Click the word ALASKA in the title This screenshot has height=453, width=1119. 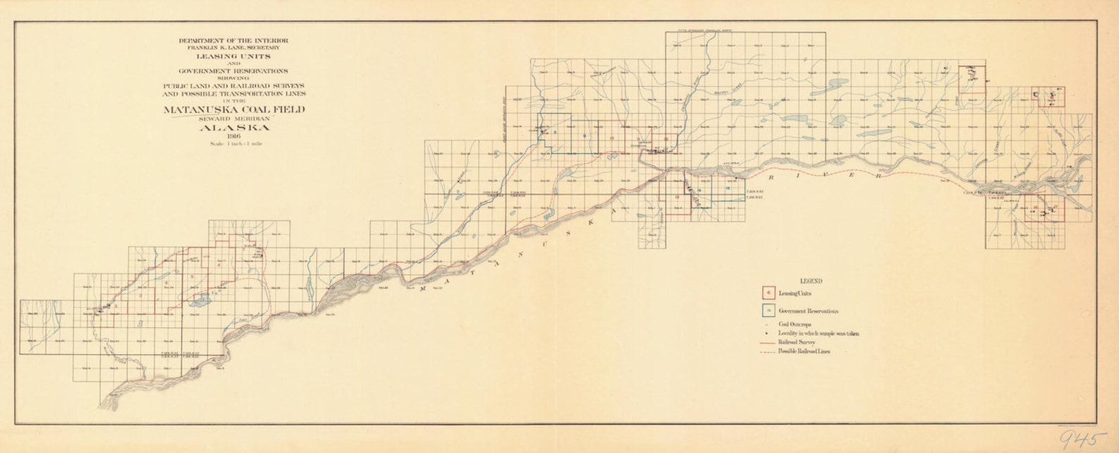click(234, 128)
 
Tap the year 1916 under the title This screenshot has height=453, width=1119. click(234, 136)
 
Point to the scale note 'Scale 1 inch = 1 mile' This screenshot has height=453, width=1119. click(234, 144)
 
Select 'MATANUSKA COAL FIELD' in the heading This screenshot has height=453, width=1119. click(234, 110)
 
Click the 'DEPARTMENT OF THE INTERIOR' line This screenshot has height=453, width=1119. click(234, 41)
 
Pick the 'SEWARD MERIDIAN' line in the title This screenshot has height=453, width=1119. click(234, 119)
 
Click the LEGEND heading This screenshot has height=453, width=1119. click(811, 281)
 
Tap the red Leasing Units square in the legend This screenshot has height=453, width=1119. click(768, 292)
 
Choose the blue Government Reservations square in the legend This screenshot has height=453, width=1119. click(768, 310)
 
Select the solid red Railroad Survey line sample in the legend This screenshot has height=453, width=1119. click(768, 342)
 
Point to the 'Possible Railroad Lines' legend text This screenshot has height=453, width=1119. click(804, 351)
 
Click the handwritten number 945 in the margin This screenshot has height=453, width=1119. click(1078, 439)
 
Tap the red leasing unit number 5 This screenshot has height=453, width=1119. click(192, 276)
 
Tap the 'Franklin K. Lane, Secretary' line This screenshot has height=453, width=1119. click(234, 47)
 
